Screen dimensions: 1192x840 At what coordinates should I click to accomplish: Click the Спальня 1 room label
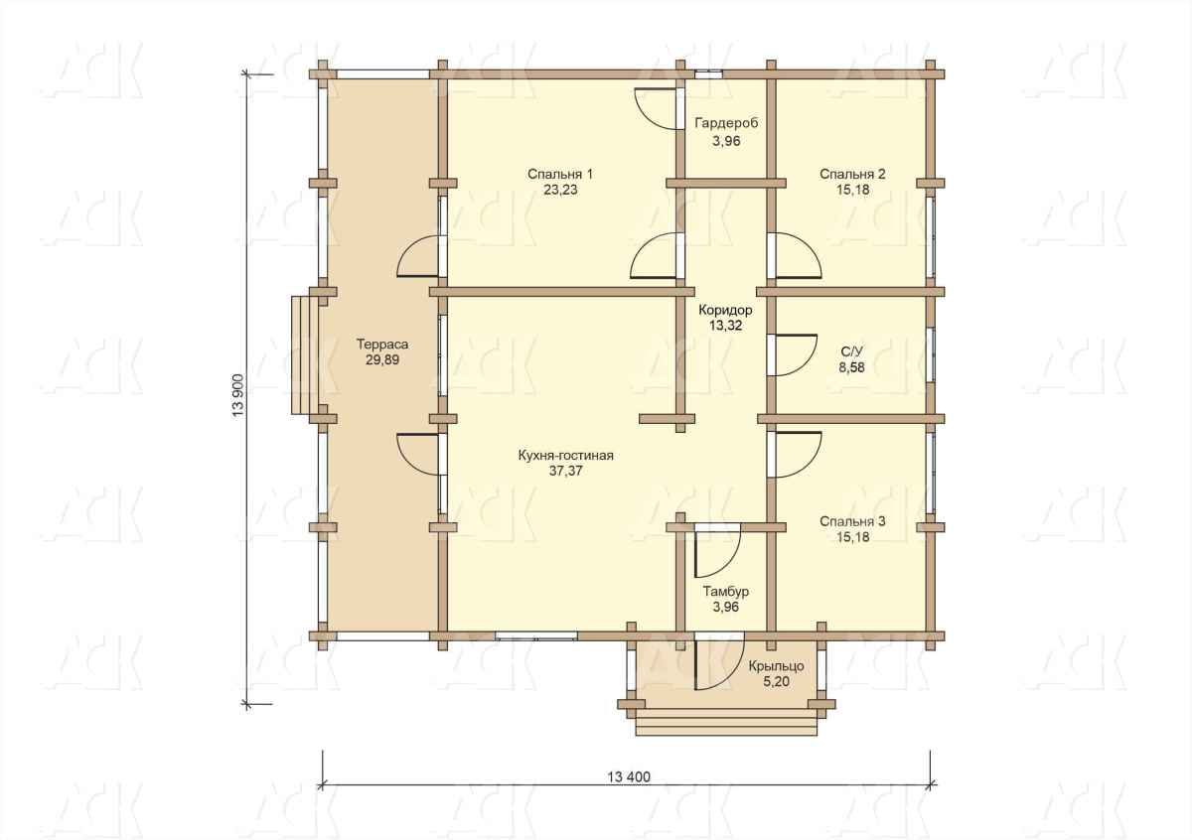560,174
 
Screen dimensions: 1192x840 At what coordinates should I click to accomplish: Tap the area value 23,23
560,190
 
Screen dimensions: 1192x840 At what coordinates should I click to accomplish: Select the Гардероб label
726,123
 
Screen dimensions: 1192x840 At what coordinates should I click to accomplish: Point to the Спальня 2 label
852,174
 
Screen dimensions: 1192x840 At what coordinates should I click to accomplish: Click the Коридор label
725,310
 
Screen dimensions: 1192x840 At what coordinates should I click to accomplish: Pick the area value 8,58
852,367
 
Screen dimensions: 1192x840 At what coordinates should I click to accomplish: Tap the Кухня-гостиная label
565,456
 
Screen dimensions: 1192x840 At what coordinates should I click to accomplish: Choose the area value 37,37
565,471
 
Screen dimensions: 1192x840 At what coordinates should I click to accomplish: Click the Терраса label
382,345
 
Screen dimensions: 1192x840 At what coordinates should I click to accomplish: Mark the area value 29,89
382,360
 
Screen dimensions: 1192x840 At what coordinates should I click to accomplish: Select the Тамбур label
726,591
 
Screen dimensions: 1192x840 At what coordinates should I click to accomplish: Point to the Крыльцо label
777,666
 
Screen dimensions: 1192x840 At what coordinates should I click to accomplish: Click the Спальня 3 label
852,521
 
